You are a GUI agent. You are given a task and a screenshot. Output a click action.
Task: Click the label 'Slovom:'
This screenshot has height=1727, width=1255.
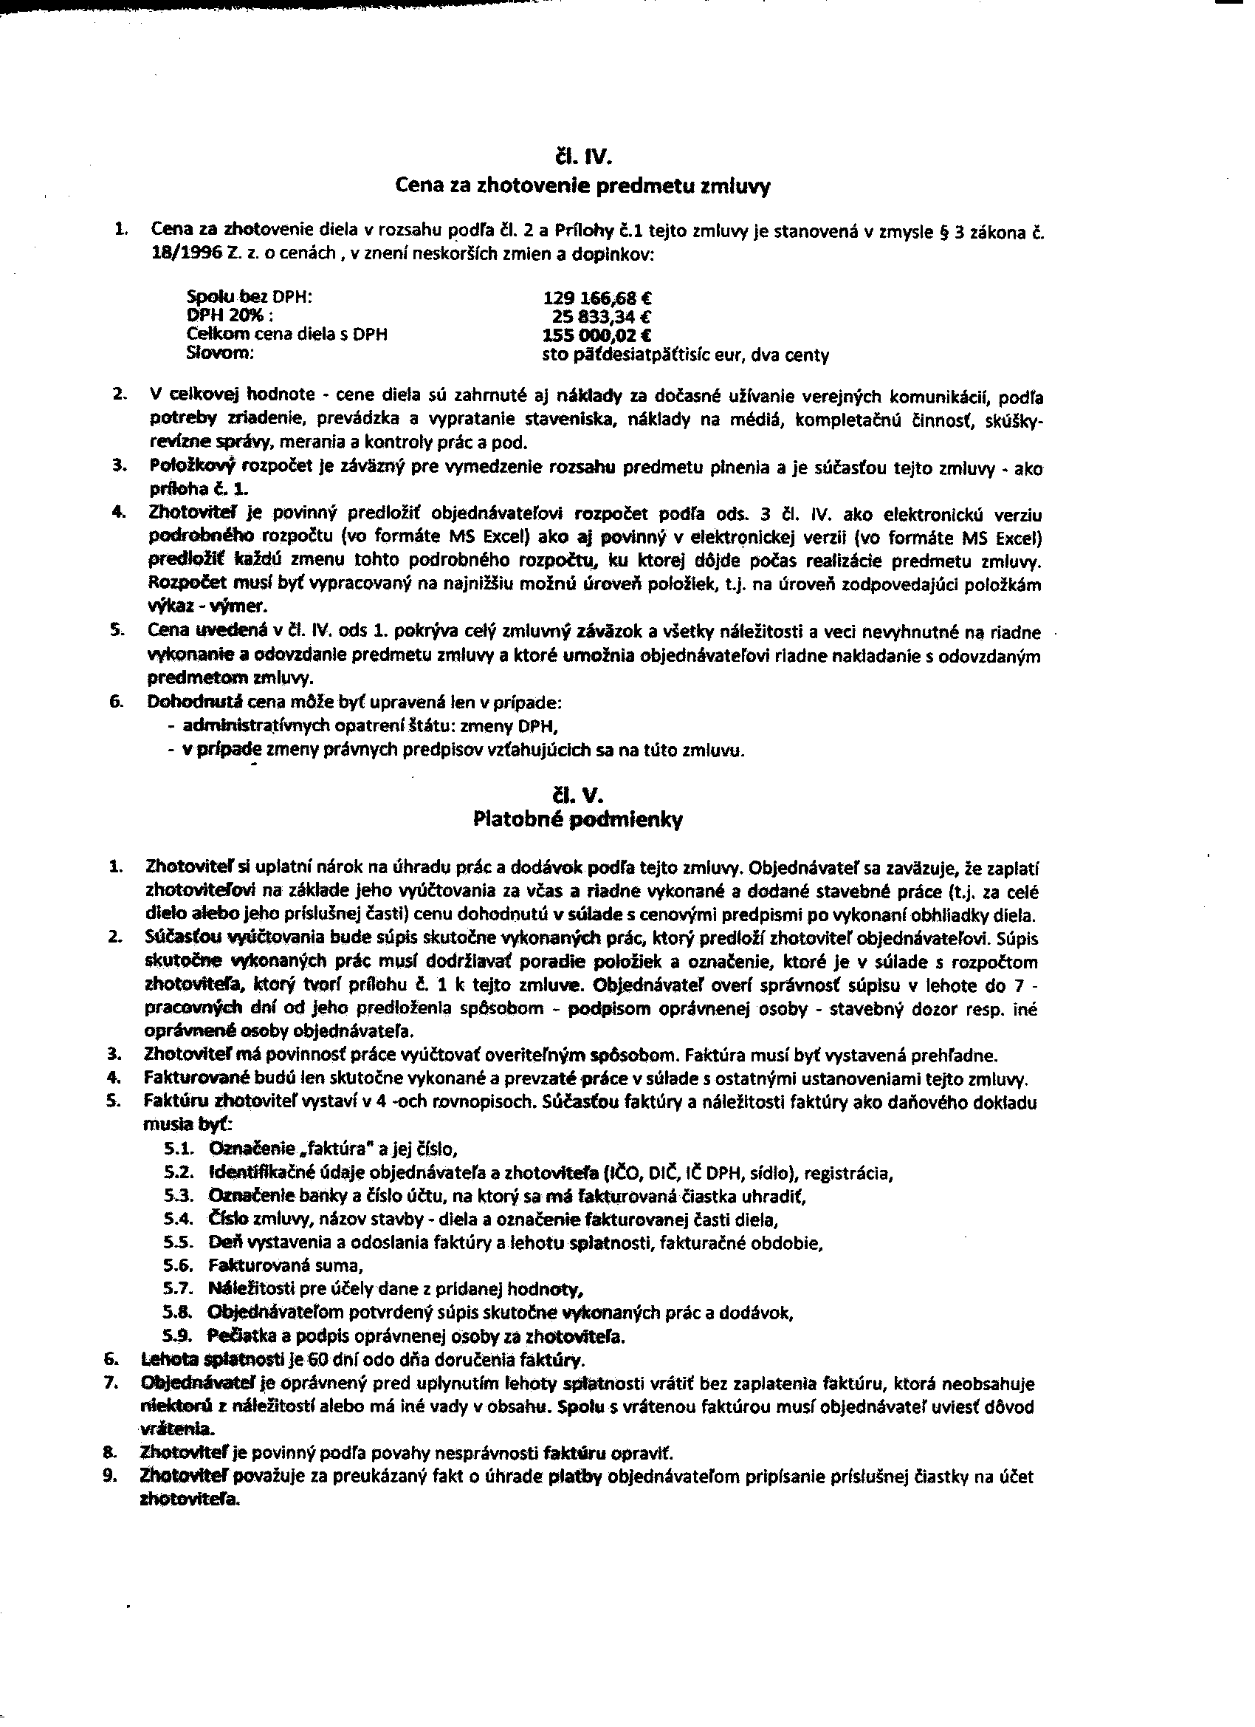pos(220,353)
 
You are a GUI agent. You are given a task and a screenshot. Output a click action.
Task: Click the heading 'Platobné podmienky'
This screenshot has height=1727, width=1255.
pos(577,820)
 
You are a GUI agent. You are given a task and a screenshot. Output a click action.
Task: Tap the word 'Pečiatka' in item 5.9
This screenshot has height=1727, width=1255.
pos(235,1336)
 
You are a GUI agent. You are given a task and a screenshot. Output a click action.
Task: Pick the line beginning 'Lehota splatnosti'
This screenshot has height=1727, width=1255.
pos(363,1359)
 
